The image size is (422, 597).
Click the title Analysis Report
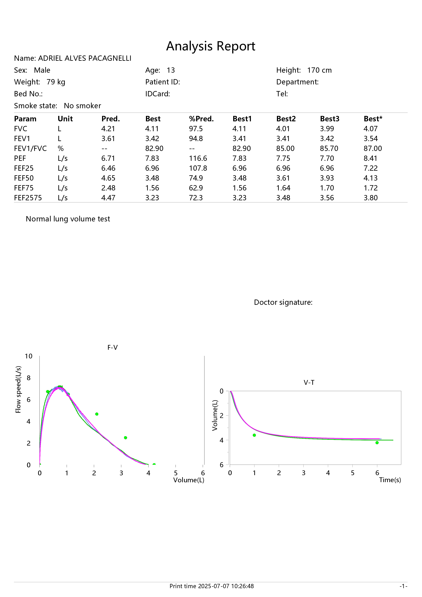coord(211,46)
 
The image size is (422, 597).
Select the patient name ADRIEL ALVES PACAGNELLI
coord(85,58)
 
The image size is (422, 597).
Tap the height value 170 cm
coord(319,70)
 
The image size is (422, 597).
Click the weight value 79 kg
coord(56,82)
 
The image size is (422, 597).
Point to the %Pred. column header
coord(201,119)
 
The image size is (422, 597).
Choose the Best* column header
coord(373,119)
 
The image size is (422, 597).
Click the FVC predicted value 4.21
coord(108,129)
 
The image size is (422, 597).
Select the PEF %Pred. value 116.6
coord(198,158)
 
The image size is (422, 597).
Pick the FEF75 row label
coord(24,188)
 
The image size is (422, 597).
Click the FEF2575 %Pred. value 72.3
coord(196,198)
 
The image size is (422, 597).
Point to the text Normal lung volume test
coord(68,219)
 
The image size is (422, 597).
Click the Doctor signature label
coord(283,302)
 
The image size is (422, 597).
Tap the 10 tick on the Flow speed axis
coord(29,356)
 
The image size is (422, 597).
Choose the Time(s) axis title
coord(390,480)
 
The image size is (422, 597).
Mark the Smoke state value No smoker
coord(82,106)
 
